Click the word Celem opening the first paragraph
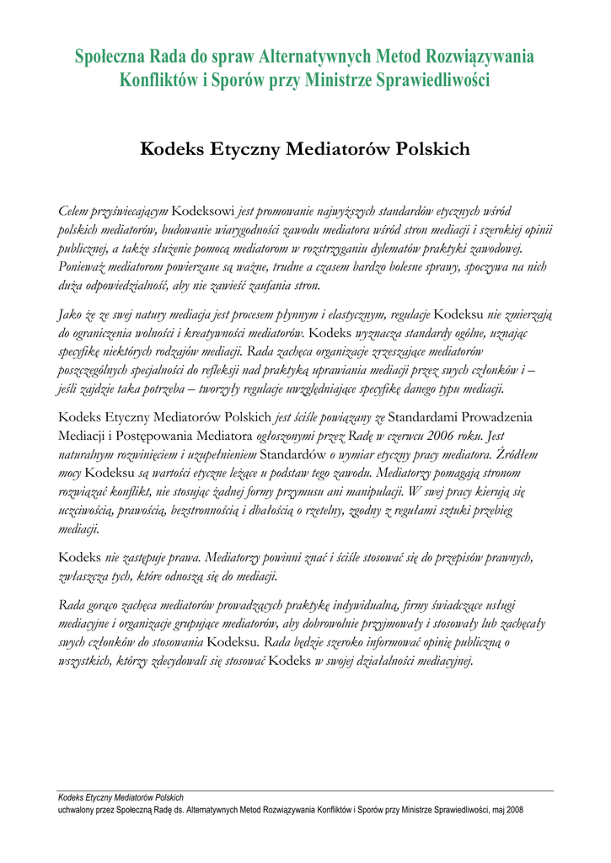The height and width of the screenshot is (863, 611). coord(73,210)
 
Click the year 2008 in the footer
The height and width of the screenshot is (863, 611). coord(514,810)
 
